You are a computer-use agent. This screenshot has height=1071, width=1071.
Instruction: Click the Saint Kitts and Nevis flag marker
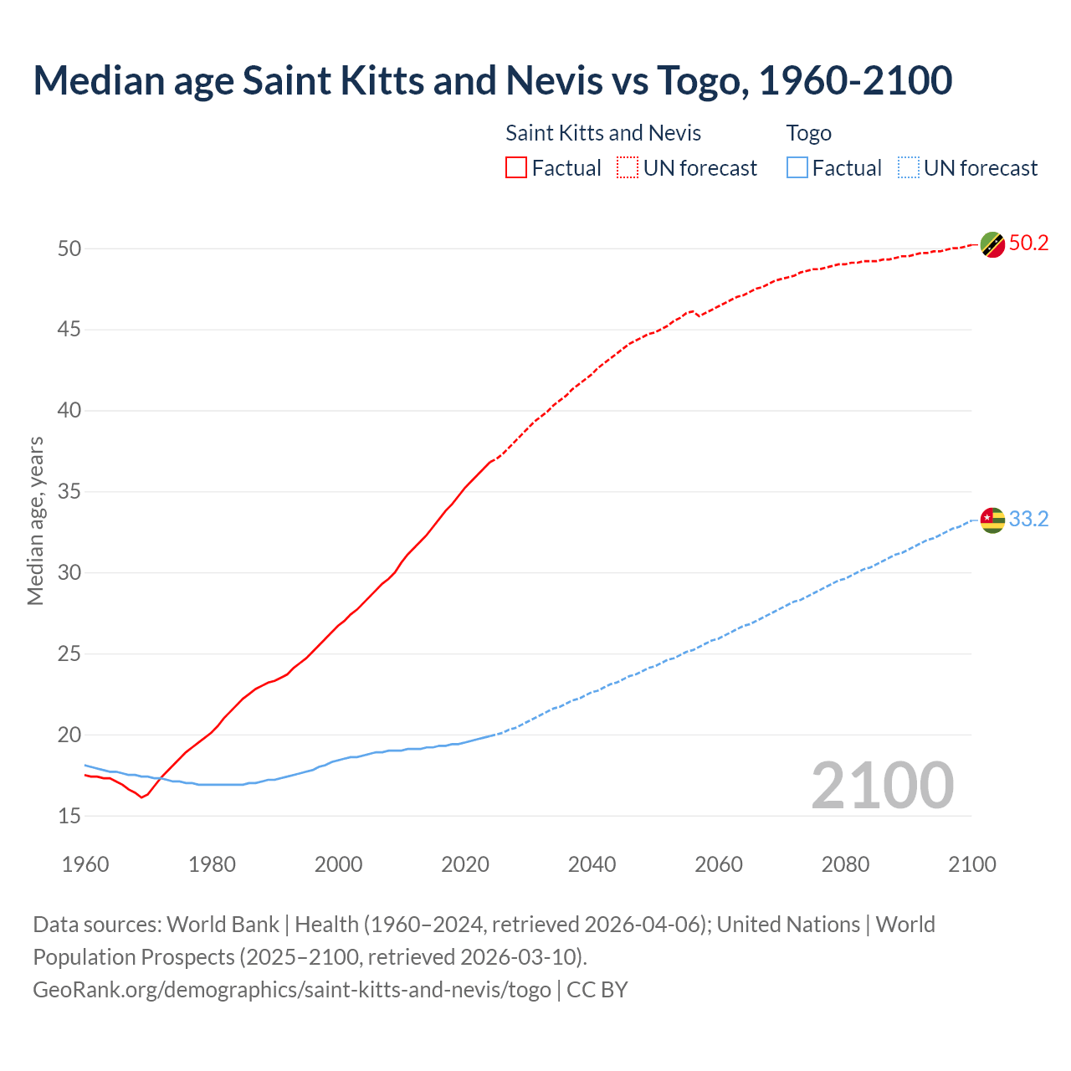point(992,244)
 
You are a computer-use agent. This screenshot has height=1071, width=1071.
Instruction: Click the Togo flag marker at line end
point(992,520)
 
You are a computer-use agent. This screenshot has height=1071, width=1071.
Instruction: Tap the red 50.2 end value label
point(1028,243)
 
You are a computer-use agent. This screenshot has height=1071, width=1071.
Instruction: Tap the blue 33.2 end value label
point(1028,520)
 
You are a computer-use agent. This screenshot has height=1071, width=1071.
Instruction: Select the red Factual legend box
point(516,168)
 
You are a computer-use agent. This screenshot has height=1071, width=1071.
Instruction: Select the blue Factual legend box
point(797,168)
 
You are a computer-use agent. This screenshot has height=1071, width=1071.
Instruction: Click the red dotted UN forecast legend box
point(628,168)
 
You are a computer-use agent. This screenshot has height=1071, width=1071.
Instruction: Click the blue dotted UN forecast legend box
point(909,168)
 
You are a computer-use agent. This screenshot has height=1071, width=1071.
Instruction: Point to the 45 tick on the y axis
point(69,330)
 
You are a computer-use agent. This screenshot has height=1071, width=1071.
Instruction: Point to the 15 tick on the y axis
point(69,816)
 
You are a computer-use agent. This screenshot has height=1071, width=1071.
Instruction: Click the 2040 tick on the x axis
point(592,864)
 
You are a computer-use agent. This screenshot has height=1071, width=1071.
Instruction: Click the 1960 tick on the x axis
point(85,864)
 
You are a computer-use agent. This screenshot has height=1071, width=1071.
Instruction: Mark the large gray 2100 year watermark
point(882,786)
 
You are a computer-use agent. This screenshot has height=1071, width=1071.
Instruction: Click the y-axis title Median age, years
point(35,520)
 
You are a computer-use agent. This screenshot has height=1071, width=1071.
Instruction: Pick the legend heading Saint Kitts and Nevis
point(603,133)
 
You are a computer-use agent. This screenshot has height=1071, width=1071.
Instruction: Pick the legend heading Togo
point(808,133)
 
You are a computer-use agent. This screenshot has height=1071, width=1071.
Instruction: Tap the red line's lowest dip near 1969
point(141,797)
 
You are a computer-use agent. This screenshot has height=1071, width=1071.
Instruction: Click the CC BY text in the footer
point(597,990)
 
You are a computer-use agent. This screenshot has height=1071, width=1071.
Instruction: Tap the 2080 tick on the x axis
point(845,864)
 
